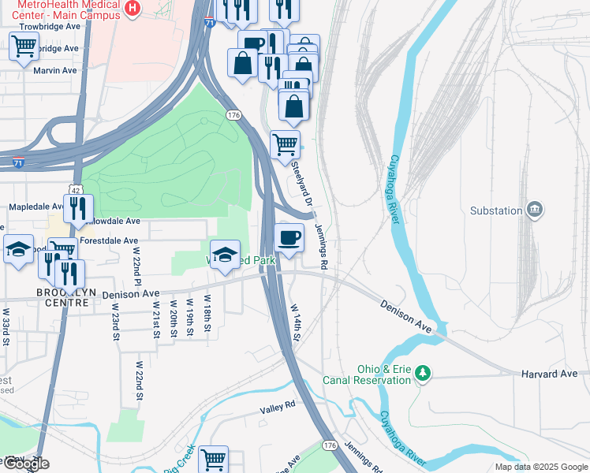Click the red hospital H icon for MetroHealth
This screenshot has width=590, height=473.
click(x=133, y=9)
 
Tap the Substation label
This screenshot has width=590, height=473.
click(x=496, y=210)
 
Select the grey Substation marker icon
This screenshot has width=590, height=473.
click(x=536, y=209)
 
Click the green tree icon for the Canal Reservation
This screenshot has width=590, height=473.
click(x=424, y=372)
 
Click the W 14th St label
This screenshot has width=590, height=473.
click(x=296, y=323)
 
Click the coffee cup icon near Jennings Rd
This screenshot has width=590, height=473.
click(x=289, y=236)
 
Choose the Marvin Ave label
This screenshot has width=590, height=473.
click(x=55, y=70)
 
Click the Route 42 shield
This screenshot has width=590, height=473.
click(x=74, y=190)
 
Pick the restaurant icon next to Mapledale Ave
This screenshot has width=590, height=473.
click(x=77, y=208)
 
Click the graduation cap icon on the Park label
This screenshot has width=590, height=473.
click(x=225, y=253)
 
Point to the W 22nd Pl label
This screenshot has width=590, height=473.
click(x=136, y=270)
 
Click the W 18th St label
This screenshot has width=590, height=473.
click(x=207, y=313)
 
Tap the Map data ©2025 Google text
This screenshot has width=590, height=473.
click(x=540, y=467)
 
